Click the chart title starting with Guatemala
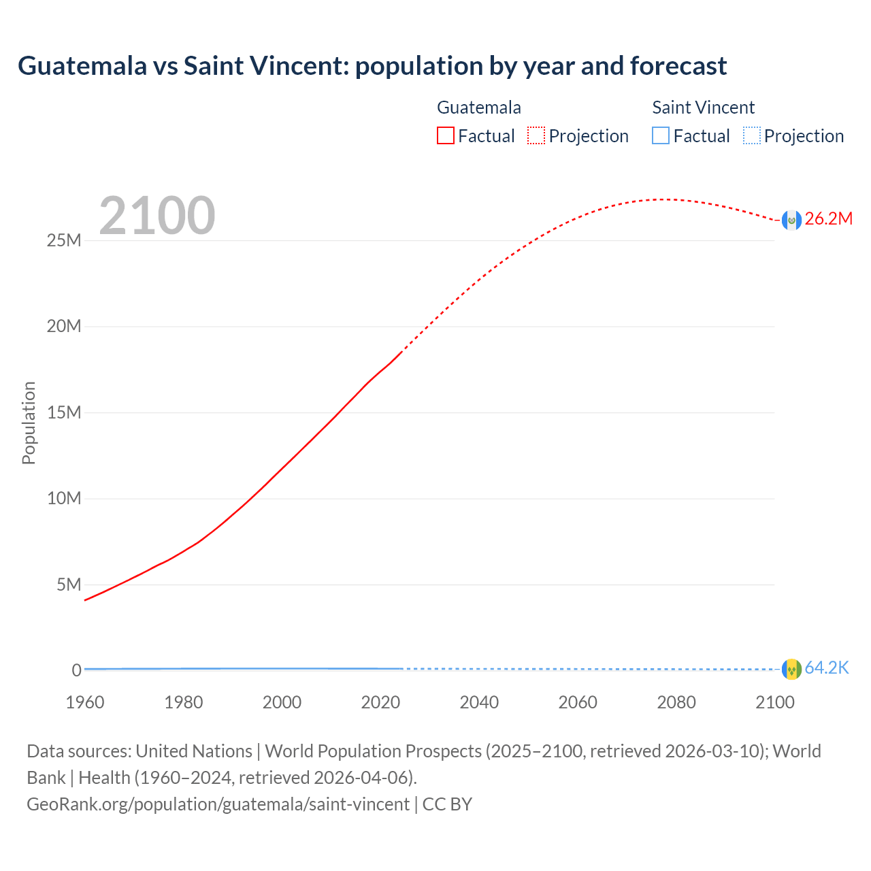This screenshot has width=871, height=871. pyautogui.click(x=372, y=66)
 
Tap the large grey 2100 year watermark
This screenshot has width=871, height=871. pyautogui.click(x=157, y=216)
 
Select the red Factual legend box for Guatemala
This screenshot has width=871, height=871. pyautogui.click(x=446, y=135)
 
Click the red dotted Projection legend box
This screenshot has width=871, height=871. pyautogui.click(x=536, y=135)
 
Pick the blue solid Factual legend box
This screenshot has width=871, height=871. pyautogui.click(x=661, y=135)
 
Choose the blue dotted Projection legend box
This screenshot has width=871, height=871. pyautogui.click(x=751, y=135)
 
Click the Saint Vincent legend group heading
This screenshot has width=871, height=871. pyautogui.click(x=703, y=108)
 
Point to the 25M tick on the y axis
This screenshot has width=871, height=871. pyautogui.click(x=64, y=240)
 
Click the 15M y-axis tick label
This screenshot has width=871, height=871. pyautogui.click(x=64, y=412)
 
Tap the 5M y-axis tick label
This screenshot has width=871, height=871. pyautogui.click(x=69, y=585)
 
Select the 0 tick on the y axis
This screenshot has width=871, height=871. pyautogui.click(x=76, y=670)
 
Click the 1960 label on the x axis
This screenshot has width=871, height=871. pyautogui.click(x=85, y=702)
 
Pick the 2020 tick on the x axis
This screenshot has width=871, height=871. pyautogui.click(x=380, y=702)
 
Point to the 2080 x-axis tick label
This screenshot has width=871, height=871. pyautogui.click(x=676, y=702)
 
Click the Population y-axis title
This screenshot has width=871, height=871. pyautogui.click(x=29, y=423)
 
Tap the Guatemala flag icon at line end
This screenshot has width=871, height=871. pyautogui.click(x=791, y=220)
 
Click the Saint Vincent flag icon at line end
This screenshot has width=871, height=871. pyautogui.click(x=791, y=670)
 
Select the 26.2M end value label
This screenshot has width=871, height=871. pyautogui.click(x=828, y=218)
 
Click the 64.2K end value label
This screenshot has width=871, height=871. pyautogui.click(x=827, y=668)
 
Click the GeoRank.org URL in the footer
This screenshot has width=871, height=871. pyautogui.click(x=218, y=804)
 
